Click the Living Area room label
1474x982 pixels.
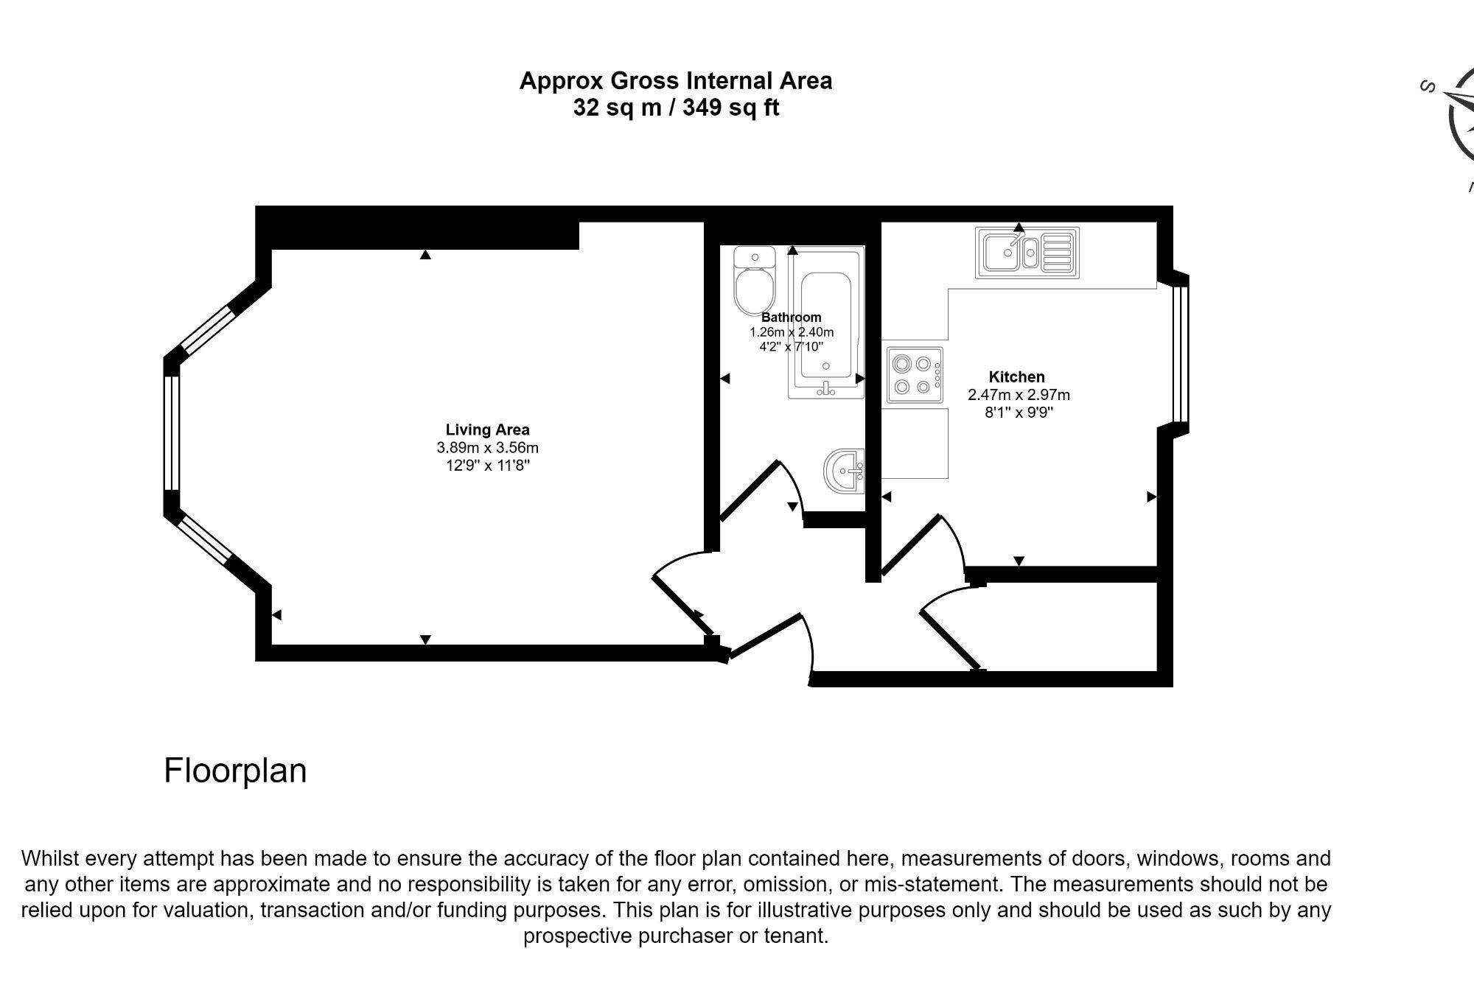click(487, 429)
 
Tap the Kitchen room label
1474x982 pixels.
click(1016, 376)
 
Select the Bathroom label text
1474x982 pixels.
click(791, 318)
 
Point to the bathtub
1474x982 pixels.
click(825, 324)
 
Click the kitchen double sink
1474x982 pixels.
click(1026, 253)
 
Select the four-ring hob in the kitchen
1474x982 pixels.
click(914, 375)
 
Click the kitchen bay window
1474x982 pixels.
click(1180, 354)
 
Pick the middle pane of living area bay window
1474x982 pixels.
click(171, 432)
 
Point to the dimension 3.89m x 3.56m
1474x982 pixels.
click(487, 447)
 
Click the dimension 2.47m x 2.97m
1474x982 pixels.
click(1019, 395)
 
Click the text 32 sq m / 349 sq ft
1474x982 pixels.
click(676, 108)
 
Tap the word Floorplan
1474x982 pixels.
click(235, 771)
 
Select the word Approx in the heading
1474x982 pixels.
click(562, 81)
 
